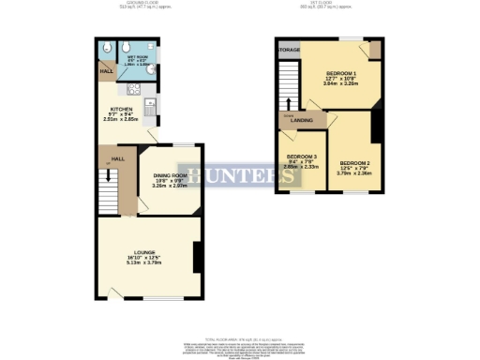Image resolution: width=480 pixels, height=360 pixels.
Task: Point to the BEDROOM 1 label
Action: (x=341, y=72)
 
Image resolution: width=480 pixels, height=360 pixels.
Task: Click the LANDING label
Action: (x=301, y=120)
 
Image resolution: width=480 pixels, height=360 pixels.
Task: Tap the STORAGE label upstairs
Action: (x=289, y=49)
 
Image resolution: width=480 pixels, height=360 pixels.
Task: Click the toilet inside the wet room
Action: (x=110, y=50)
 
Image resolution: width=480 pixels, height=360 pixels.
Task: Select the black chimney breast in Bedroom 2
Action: (x=376, y=127)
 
